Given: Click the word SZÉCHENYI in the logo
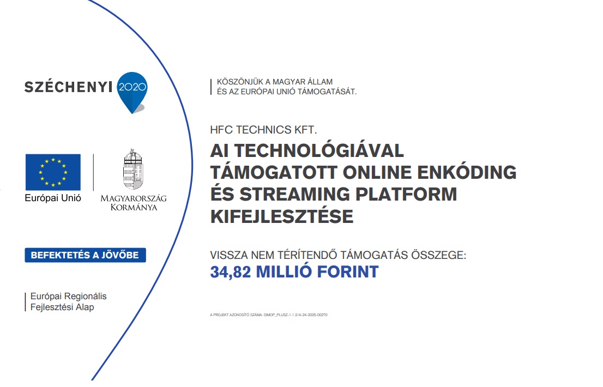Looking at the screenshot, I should coord(68,87).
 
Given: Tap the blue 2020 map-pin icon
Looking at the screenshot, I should coord(132,88).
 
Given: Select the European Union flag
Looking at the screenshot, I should coord(53,172).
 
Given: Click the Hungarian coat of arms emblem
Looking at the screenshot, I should coord(132,170).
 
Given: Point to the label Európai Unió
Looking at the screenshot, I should coord(53,198).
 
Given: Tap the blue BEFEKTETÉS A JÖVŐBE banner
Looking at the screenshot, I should coord(85,255).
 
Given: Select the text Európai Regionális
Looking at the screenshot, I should coord(69,297).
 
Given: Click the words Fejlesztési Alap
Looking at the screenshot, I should coord(62,307).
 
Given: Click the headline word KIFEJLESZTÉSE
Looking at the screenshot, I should coord(282,216).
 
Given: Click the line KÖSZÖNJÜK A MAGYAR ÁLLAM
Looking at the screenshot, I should coord(275,82).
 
